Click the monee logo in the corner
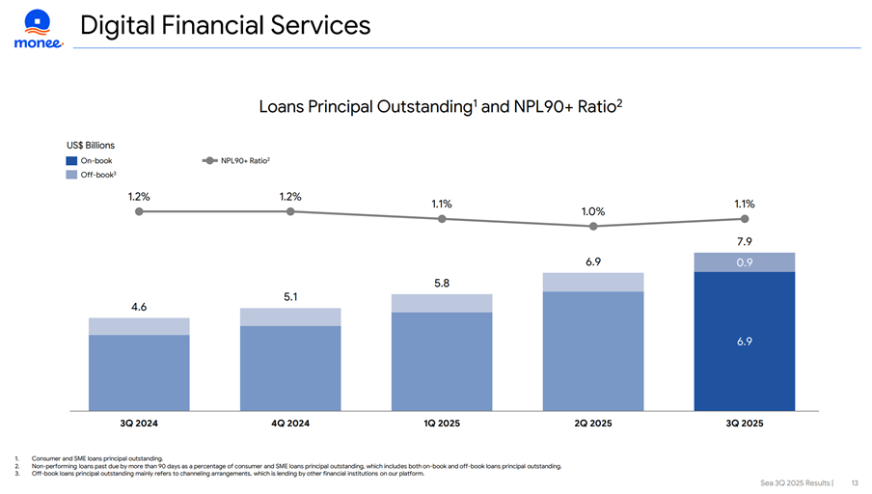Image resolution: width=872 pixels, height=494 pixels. point(38,29)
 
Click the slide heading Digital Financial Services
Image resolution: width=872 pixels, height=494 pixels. point(225,26)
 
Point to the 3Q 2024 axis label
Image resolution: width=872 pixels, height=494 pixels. point(138,424)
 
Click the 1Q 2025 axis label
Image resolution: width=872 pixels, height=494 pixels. point(441,424)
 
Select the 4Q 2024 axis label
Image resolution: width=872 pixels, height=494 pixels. point(289,424)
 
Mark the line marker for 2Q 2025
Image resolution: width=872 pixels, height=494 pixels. point(593,227)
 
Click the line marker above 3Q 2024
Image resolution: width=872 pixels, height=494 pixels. point(139,211)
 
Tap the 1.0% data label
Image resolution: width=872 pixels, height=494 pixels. point(593,211)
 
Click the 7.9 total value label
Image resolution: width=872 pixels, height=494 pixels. point(744,241)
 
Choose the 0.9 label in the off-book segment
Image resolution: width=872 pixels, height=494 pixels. point(744,262)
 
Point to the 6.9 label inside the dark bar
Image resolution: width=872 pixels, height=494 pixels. point(744,342)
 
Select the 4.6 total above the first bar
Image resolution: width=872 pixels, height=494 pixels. point(139,307)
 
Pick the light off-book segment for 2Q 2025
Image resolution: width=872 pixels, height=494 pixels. point(593,282)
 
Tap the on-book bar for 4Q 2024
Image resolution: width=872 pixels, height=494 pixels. point(289,368)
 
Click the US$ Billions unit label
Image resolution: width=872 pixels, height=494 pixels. point(91,145)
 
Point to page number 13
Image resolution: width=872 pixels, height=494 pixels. point(855,481)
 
